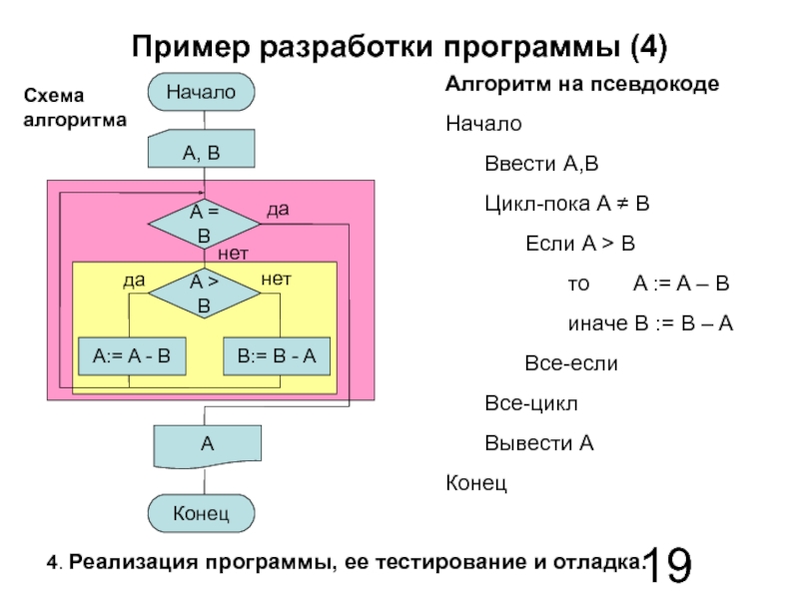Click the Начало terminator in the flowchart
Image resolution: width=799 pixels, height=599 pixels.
[x=202, y=92]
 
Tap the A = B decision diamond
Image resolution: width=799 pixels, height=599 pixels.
[x=204, y=224]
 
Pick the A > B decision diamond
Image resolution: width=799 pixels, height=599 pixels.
[x=204, y=294]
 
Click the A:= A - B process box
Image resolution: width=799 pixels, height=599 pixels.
[x=132, y=356]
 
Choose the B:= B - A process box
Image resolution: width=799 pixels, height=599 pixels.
[x=277, y=356]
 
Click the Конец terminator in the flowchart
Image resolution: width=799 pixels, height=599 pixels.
[x=202, y=513]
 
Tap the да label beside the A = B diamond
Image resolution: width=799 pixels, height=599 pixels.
[x=279, y=210]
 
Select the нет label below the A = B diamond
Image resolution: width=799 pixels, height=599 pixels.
[x=233, y=254]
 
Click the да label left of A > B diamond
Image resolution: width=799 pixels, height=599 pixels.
[x=134, y=281]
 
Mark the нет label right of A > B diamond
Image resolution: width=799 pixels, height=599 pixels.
[x=277, y=280]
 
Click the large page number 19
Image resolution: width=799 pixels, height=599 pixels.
[x=668, y=565]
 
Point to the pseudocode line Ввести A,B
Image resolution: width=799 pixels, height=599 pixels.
[x=541, y=164]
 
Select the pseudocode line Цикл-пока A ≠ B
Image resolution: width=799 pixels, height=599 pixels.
[x=567, y=204]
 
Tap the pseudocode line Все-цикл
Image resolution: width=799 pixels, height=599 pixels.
[x=531, y=403]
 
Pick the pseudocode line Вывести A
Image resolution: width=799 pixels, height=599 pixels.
[x=539, y=443]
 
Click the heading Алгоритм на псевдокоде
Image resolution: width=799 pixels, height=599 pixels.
[x=582, y=84]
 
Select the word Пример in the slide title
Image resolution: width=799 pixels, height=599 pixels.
[x=192, y=47]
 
